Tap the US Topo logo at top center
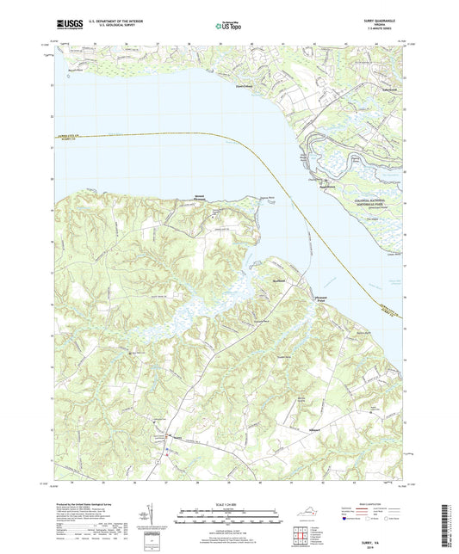228,28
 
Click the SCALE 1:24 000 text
229,504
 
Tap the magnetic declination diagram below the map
156,520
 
